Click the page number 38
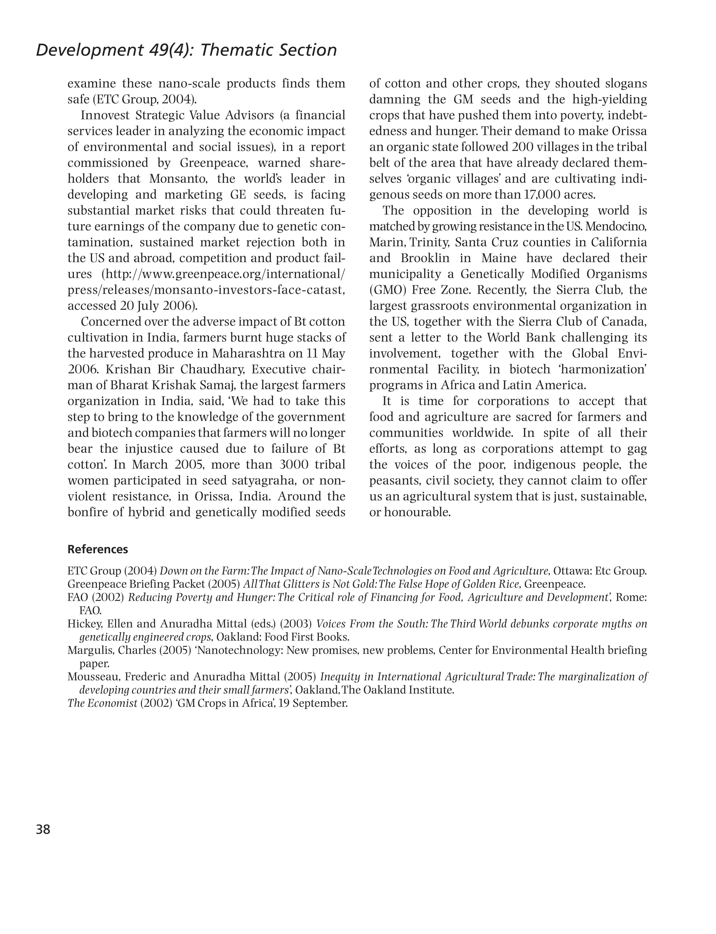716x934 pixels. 43,829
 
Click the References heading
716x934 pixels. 98,549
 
